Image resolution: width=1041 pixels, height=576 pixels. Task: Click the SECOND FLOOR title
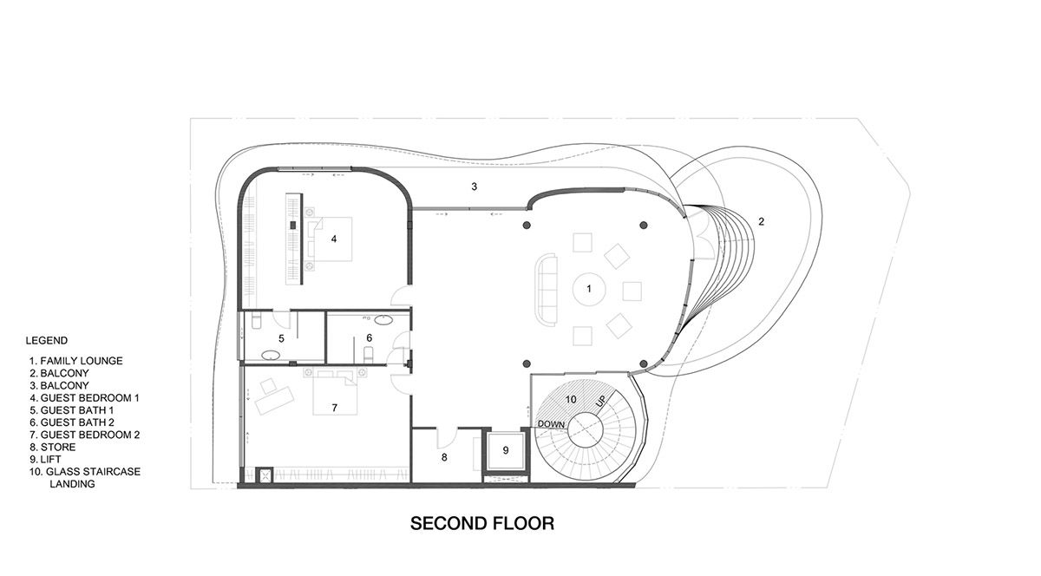482,523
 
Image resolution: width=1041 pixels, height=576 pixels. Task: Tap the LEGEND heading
47,340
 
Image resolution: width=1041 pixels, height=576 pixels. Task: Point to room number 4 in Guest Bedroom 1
334,239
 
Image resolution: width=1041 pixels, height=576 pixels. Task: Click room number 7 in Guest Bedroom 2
335,408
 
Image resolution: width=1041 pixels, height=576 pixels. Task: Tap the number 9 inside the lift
506,450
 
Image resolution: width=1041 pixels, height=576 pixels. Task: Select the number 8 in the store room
444,457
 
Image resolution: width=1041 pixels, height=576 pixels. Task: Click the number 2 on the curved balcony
762,222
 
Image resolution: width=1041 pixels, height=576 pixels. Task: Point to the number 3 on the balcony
474,187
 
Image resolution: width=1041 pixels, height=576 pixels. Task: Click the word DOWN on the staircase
551,424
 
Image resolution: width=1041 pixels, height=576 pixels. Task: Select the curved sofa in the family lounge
547,290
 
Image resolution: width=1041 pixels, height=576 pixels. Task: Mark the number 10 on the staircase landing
571,399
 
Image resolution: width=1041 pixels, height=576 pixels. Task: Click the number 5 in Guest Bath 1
281,338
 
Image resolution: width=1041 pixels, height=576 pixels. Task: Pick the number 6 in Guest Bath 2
369,337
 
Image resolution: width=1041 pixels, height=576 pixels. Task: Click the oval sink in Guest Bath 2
383,320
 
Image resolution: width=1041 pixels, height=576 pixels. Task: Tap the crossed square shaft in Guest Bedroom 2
265,475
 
